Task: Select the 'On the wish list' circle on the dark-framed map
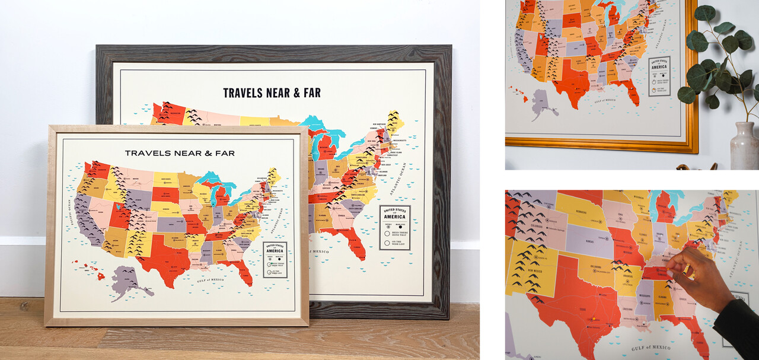coord(387,242)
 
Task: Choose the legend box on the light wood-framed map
coord(275,259)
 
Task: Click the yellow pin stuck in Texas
coord(591,321)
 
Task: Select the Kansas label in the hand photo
coord(588,240)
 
